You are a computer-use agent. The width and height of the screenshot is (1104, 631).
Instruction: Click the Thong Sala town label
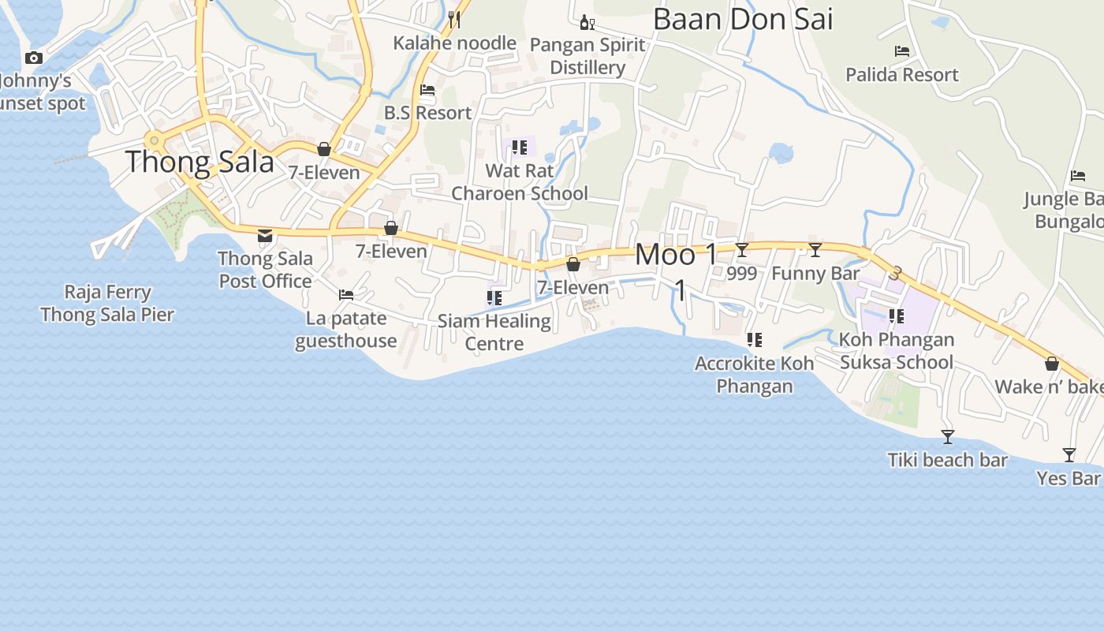click(x=200, y=162)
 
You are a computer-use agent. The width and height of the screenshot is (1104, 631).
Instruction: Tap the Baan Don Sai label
click(x=743, y=19)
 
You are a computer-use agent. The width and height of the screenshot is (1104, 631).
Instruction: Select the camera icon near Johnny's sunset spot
click(x=33, y=58)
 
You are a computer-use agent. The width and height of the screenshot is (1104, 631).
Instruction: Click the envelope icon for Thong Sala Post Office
click(x=265, y=235)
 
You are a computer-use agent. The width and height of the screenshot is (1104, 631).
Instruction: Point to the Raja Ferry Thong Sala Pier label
click(x=107, y=303)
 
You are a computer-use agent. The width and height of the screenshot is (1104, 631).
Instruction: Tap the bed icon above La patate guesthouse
click(x=345, y=295)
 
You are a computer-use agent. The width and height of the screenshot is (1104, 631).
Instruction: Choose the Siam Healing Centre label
click(x=494, y=332)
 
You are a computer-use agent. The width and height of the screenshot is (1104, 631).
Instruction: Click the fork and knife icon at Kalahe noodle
click(x=454, y=20)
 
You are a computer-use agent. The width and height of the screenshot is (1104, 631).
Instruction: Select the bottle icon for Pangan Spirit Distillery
click(x=587, y=21)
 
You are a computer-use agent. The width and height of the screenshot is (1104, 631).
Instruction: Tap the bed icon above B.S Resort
click(x=427, y=90)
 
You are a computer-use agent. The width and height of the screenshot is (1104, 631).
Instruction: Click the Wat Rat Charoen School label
click(x=520, y=182)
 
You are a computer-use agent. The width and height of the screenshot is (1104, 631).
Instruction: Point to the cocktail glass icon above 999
click(x=742, y=250)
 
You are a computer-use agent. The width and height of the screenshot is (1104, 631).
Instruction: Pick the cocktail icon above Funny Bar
click(x=815, y=250)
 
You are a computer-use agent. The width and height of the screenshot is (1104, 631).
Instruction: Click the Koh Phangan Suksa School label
click(x=897, y=351)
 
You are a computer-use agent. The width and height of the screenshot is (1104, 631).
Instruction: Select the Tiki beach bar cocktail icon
click(x=948, y=437)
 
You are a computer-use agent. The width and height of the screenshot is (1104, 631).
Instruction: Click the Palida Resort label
click(x=902, y=75)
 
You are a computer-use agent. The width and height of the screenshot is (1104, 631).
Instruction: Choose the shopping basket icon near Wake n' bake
click(x=1051, y=364)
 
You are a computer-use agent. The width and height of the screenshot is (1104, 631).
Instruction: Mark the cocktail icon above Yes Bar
click(x=1069, y=455)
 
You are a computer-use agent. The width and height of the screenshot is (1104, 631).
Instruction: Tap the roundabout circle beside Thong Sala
click(x=155, y=141)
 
